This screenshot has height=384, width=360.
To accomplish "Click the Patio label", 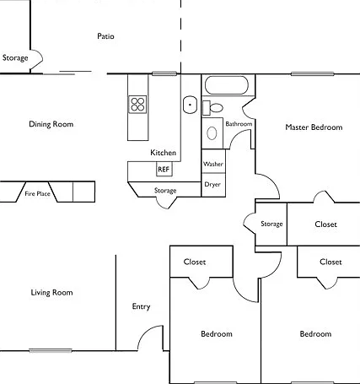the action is coord(105,36).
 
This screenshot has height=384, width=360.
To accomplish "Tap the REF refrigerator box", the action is coord(164,169).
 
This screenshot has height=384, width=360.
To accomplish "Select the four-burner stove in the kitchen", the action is coord(137,105).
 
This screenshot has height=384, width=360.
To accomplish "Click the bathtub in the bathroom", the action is coord(227,85).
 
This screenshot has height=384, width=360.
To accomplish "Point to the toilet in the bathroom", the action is coord(212,108).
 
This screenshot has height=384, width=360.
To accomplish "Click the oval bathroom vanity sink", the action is coord(212,133).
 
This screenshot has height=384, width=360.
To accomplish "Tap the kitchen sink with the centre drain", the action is coord(190,105).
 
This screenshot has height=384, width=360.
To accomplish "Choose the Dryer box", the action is coord(213,185).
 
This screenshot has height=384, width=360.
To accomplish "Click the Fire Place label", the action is coord(37,193).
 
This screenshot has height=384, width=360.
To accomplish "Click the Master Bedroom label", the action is coord(314,127).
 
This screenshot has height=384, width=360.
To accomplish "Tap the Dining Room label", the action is coord(51,124).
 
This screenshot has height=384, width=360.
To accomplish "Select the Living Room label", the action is coord(51,293).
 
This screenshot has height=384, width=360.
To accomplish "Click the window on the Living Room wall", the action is coord(51,350).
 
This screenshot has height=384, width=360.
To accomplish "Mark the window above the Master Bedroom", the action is coord(313,74).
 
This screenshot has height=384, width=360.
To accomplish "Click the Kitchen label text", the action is coord(164,153).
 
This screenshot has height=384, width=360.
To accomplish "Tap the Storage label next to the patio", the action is coord(15,58).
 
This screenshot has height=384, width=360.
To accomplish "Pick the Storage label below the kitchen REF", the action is coord(165,191).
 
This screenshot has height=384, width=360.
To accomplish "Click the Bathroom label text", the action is coord(239,124).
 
